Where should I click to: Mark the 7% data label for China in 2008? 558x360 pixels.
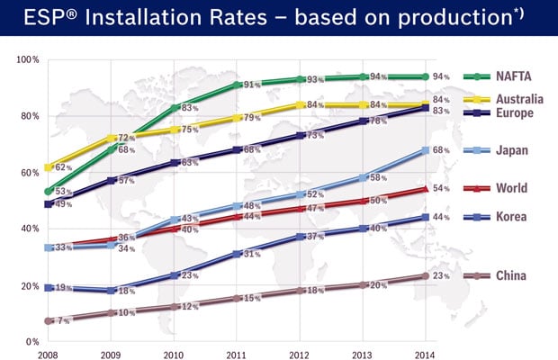62,321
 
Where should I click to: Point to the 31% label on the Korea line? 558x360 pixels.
253,254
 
